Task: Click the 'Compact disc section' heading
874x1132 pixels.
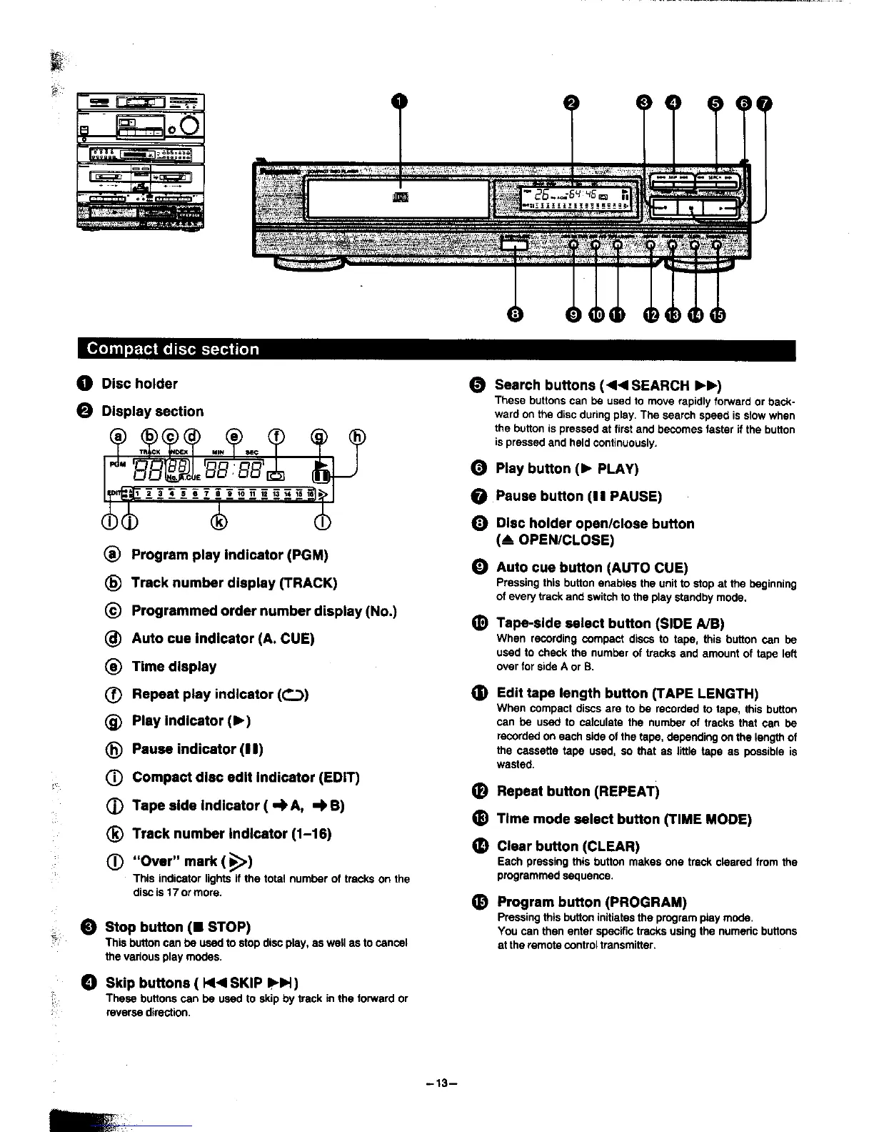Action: point(173,349)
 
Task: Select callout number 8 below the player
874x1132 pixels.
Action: point(515,314)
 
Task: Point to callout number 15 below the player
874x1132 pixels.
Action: point(717,314)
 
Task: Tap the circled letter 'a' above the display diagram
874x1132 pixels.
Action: point(119,437)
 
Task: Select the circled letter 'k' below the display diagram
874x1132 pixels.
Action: point(218,522)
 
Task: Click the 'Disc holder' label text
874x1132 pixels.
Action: point(139,384)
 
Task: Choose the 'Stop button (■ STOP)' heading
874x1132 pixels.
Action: point(177,927)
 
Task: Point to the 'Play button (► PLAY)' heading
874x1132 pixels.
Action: point(567,469)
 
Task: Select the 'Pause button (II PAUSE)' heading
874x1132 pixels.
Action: point(578,496)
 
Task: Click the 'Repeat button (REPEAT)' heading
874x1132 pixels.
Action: point(578,791)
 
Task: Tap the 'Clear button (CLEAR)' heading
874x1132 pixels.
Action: point(568,846)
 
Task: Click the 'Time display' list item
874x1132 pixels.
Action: point(174,666)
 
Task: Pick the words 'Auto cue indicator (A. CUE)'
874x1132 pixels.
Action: point(223,638)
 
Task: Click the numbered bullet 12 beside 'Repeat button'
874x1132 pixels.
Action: point(480,791)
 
